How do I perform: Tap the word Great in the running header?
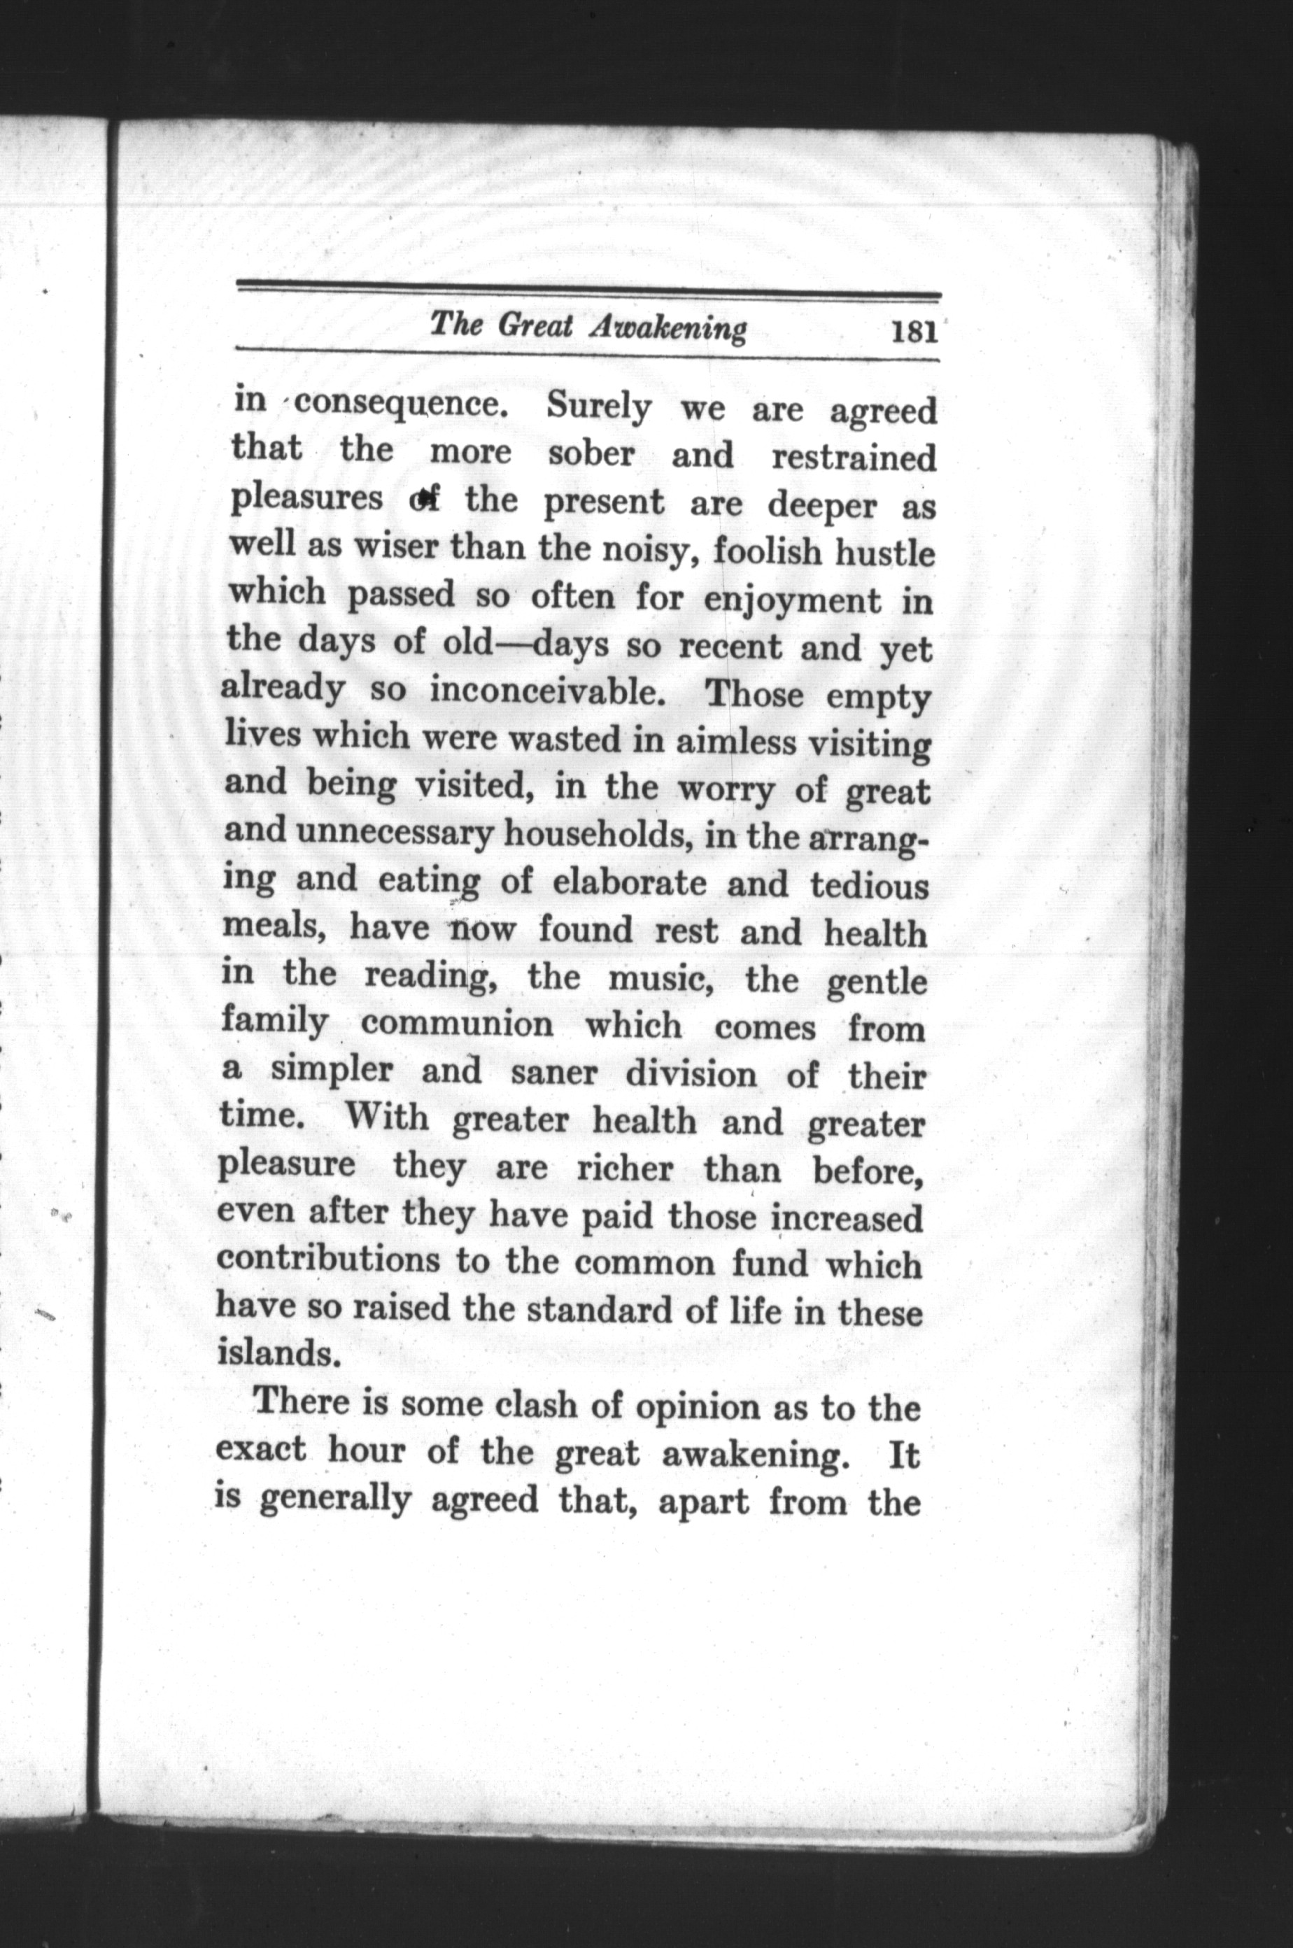[x=535, y=327]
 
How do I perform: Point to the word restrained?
[x=854, y=458]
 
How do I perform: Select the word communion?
[x=458, y=1025]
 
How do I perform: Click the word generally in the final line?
[x=334, y=1500]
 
